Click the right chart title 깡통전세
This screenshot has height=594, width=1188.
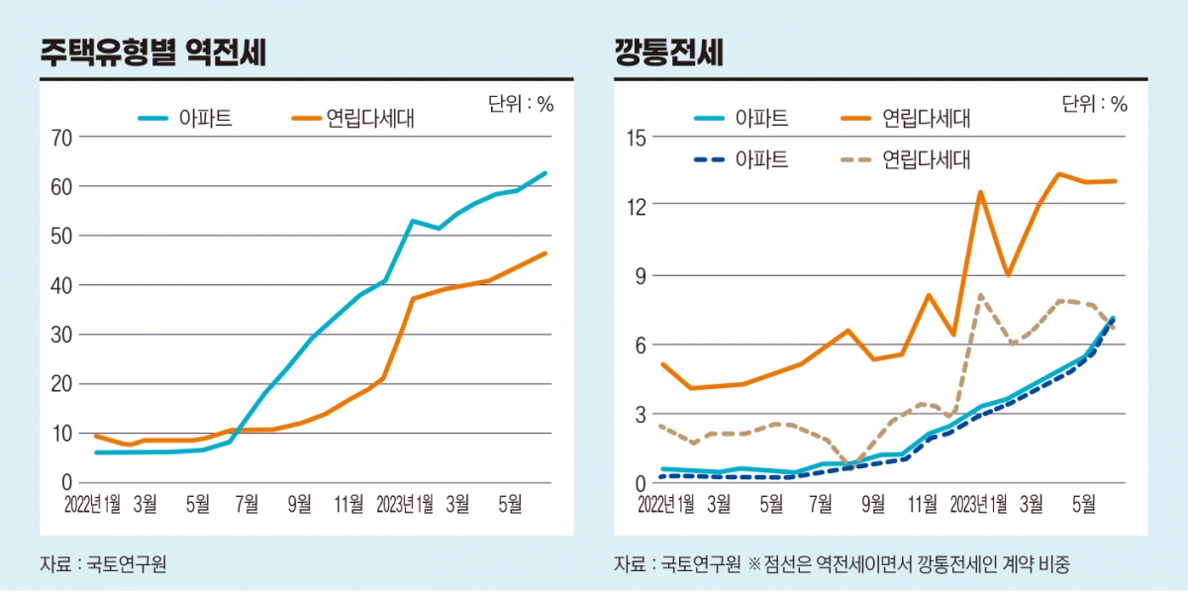(x=668, y=52)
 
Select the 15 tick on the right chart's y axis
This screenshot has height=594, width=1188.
(x=635, y=138)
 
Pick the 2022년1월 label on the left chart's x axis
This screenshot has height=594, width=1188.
(x=92, y=505)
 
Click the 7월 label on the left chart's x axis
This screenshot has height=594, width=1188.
(x=247, y=505)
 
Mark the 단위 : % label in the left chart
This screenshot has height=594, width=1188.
(x=521, y=104)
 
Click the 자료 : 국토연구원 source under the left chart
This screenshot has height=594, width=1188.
(x=103, y=565)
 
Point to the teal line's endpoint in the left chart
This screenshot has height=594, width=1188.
(x=545, y=173)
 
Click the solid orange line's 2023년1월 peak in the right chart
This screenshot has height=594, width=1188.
(x=980, y=192)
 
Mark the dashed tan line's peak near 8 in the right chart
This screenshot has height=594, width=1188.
(x=980, y=295)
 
